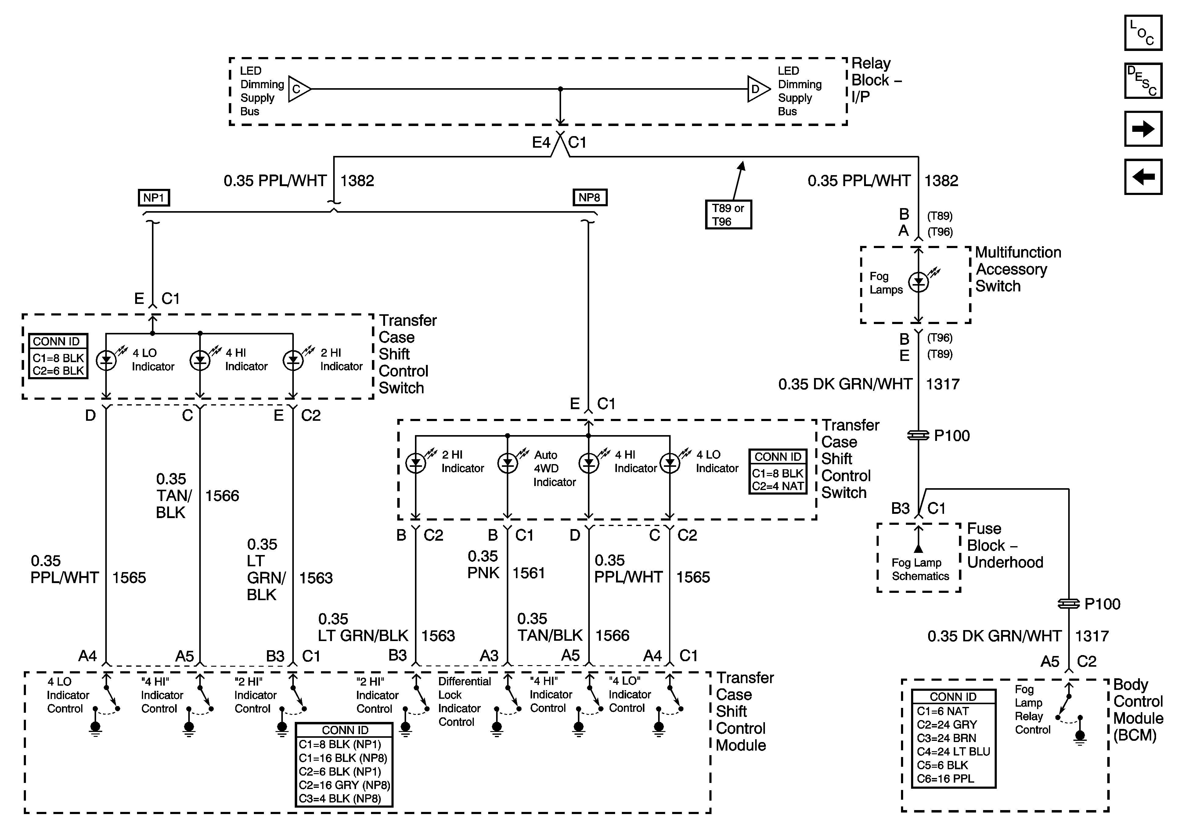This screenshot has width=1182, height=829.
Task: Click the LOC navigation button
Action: coord(1143,33)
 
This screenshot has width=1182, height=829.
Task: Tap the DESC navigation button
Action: coord(1143,80)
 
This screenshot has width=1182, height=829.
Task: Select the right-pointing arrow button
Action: coord(1143,129)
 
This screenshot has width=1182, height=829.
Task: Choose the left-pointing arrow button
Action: coord(1143,177)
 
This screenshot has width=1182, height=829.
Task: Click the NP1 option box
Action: coord(154,198)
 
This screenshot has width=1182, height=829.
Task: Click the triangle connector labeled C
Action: coord(299,89)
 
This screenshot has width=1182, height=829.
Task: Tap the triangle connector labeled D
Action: coord(758,89)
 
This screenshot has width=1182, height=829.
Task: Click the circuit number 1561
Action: coord(529,573)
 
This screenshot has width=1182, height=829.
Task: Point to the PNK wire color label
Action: coord(483,573)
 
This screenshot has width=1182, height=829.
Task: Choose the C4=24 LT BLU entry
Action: coord(953,751)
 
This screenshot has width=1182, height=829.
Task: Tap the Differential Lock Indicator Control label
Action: coord(464,701)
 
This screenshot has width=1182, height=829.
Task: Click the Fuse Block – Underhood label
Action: coord(1005,545)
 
